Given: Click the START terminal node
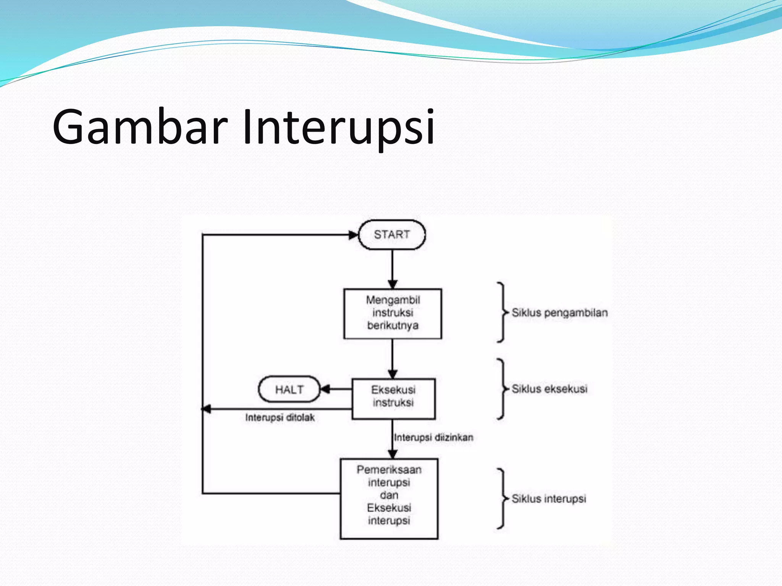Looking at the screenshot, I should coord(392,235).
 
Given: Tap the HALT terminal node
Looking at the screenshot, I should coord(289,390).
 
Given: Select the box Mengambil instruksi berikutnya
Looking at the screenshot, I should coord(393,313).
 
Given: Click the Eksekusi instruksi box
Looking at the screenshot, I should coord(393,398).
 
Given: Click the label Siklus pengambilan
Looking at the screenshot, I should coord(559,313).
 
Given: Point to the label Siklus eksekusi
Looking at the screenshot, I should coord(549,389).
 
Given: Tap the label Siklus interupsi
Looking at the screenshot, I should coord(549,499).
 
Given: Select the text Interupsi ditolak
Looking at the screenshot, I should coord(280,417).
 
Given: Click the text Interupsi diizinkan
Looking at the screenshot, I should coord(433,437).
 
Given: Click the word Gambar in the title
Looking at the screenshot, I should coord(140,127).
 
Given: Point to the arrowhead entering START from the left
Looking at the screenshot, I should coord(353,235).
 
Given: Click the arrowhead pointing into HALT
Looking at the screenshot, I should coord(325,389).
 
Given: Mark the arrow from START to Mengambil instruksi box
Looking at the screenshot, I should coord(393,269).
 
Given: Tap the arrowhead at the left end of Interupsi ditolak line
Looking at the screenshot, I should coord(206,409).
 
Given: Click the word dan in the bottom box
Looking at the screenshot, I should coord(389,495).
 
